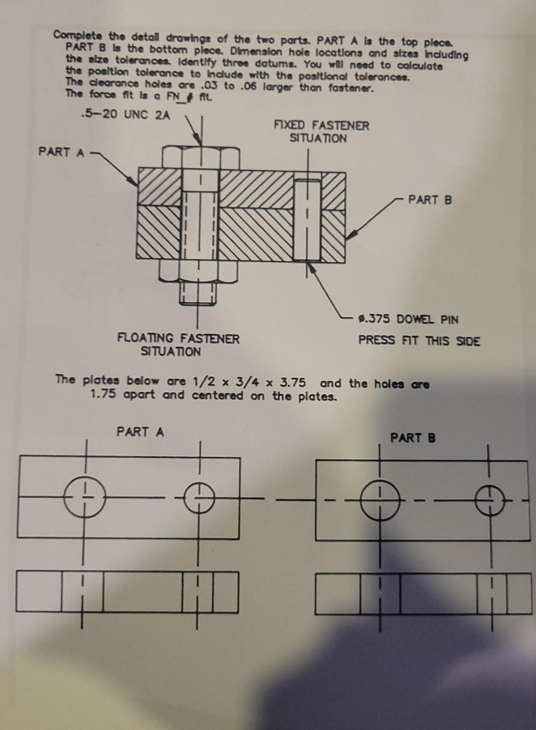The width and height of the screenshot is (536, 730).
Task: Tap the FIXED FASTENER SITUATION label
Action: pyautogui.click(x=321, y=132)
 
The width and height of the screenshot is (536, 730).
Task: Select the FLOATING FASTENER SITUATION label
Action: pyautogui.click(x=178, y=345)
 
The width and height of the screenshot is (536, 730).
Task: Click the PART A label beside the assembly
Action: pyautogui.click(x=62, y=152)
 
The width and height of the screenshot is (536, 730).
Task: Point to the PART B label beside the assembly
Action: pyautogui.click(x=430, y=200)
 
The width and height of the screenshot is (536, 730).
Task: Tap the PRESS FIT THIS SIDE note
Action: pyautogui.click(x=419, y=341)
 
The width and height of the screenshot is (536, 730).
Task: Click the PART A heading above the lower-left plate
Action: pyautogui.click(x=140, y=432)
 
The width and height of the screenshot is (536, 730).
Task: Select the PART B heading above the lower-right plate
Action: pyautogui.click(x=412, y=438)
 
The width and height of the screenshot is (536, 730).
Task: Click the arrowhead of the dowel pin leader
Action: pyautogui.click(x=311, y=267)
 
